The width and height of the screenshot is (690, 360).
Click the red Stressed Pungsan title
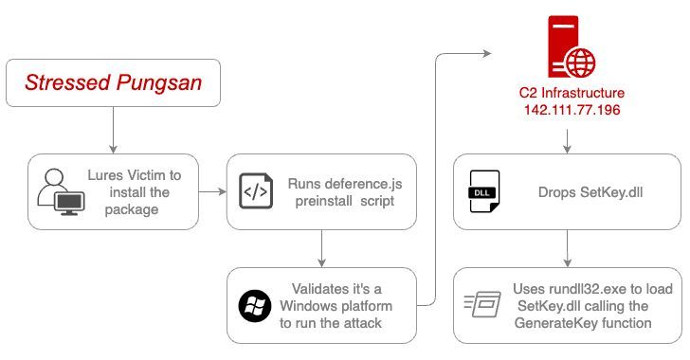pyautogui.click(x=112, y=83)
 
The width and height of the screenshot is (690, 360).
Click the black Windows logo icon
pyautogui.click(x=254, y=306)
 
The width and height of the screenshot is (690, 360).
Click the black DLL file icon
pyautogui.click(x=483, y=192)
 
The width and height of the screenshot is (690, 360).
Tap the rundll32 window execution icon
pyautogui.click(x=482, y=305)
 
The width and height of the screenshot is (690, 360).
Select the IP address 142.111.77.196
pyautogui.click(x=567, y=112)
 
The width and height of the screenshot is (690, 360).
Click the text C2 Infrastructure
pyautogui.click(x=567, y=96)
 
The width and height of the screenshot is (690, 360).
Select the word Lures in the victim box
pyautogui.click(x=121, y=175)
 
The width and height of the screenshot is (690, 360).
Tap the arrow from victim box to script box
pyautogui.click(x=213, y=192)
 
